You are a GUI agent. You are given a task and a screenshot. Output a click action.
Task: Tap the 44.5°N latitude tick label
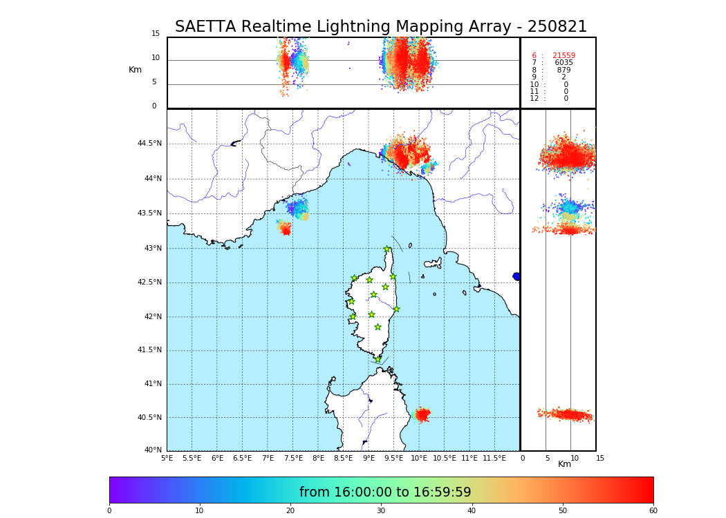149,144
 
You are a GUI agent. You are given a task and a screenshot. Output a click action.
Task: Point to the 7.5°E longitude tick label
293,458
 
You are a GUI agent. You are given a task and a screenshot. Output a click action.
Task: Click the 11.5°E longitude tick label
494,458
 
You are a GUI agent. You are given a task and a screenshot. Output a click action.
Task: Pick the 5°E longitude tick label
167,458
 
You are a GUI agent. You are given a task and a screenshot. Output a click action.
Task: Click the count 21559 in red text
564,55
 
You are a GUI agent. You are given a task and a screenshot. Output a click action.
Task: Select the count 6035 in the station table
564,63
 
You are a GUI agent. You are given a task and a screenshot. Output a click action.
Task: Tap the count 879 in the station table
564,70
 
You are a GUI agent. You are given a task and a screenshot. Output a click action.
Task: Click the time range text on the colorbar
385,492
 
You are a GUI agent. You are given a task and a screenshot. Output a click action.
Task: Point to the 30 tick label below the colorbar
381,511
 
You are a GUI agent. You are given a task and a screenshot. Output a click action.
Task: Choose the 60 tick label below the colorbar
653,511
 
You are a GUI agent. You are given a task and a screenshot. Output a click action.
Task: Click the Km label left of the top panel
135,70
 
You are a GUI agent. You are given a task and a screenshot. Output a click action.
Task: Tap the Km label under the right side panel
564,464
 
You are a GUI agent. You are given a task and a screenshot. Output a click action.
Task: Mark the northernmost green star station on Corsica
387,249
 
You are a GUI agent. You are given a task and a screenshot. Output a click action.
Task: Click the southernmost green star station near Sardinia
378,359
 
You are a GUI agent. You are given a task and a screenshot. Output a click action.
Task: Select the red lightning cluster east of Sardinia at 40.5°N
422,414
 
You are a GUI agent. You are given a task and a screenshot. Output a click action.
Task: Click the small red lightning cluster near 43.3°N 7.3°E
285,229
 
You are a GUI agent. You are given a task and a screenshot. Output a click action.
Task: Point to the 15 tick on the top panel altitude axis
156,34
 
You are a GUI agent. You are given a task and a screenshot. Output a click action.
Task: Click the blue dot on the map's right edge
516,276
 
